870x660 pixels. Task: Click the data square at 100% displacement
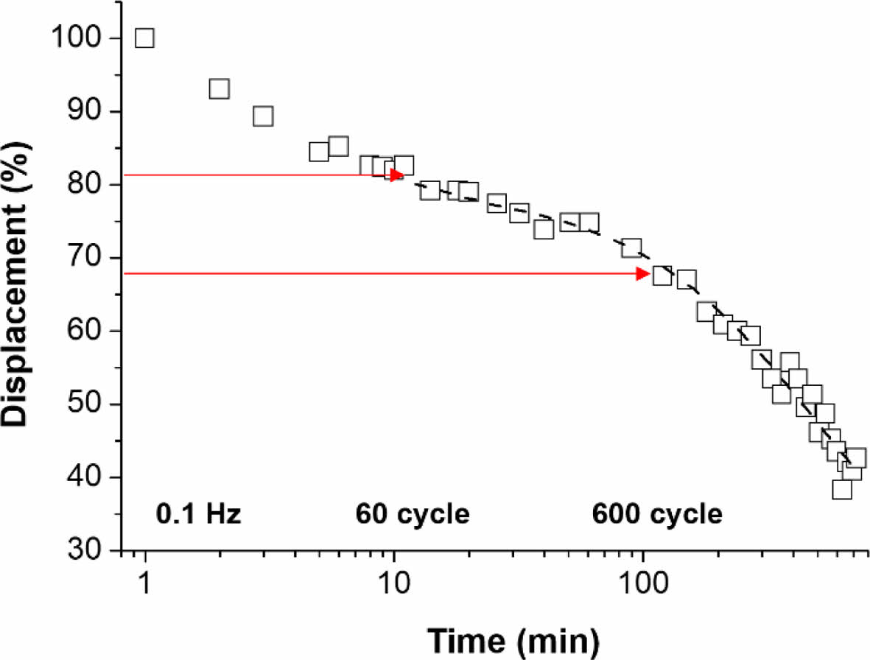coord(145,38)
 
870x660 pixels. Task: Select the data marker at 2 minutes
coord(220,89)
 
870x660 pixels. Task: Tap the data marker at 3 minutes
coord(263,116)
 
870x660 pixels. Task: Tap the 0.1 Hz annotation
coord(199,514)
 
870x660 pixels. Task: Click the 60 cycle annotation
coord(413,514)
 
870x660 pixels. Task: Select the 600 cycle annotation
coord(657,514)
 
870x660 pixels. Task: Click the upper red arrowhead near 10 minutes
coord(397,175)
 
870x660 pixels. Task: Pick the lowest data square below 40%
coord(842,490)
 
